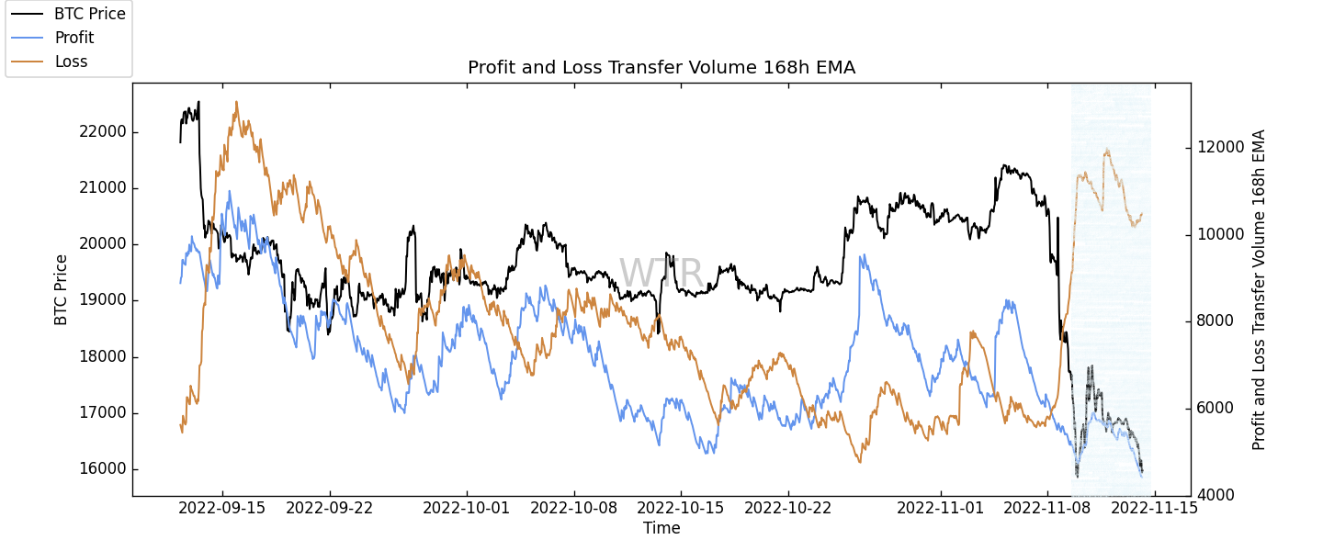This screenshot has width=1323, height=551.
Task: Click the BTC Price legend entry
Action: (89, 13)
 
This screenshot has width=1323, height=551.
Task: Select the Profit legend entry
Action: (73, 38)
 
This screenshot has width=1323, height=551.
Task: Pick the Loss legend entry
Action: (71, 62)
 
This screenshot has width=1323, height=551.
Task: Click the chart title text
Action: (661, 67)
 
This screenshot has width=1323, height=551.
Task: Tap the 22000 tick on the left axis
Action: (102, 132)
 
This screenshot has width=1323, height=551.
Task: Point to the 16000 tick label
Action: (102, 469)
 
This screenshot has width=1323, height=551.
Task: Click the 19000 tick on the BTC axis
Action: (102, 300)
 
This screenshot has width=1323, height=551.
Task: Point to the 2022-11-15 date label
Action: (1154, 507)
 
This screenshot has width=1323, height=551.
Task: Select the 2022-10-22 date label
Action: (788, 507)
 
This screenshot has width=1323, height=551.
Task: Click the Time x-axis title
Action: (661, 528)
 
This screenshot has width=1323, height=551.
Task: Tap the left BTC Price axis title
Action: (62, 289)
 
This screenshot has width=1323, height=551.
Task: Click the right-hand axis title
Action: (1259, 289)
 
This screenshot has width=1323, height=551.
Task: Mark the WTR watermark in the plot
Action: (661, 274)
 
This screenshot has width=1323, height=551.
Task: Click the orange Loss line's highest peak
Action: (236, 102)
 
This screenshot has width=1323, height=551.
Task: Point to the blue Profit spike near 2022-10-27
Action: (861, 255)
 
